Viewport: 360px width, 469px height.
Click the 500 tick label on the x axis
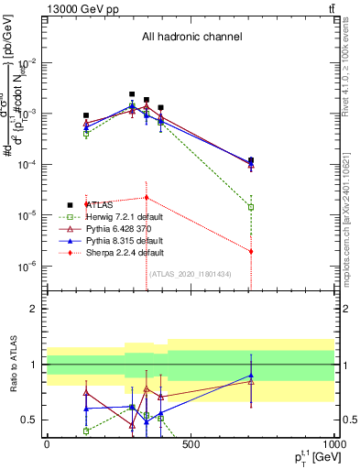(x=191, y=445)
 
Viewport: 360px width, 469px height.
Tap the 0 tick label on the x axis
(x=47, y=445)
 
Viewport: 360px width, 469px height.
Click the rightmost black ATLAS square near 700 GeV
(x=251, y=160)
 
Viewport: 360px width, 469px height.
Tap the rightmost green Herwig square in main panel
(x=251, y=207)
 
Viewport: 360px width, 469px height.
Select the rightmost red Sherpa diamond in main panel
(x=251, y=251)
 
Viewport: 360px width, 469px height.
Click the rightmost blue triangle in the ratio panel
(x=251, y=376)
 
